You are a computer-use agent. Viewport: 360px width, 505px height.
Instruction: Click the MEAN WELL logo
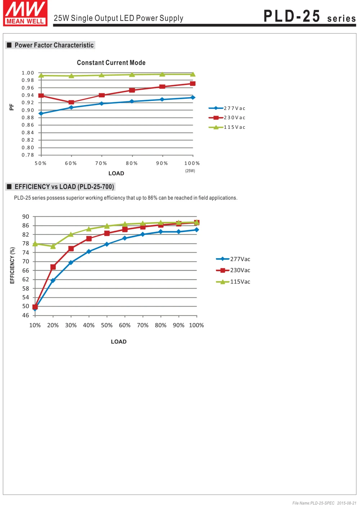(x=25, y=13)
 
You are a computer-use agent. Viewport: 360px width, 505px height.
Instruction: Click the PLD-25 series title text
(x=310, y=16)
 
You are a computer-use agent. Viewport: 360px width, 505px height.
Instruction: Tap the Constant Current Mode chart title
(x=111, y=63)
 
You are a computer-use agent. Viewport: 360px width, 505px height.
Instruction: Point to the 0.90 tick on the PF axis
(x=28, y=110)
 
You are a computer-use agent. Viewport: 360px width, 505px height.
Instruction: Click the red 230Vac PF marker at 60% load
(x=71, y=102)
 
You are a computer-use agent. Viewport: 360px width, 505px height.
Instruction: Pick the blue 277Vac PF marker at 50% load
(x=41, y=113)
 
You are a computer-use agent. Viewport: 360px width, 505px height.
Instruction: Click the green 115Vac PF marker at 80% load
(x=132, y=75)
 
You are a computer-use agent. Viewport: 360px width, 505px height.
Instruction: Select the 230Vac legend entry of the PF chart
(x=227, y=118)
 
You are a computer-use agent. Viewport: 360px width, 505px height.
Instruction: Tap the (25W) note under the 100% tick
(x=190, y=171)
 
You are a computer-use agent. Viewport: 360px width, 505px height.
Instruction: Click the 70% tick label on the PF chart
(x=101, y=163)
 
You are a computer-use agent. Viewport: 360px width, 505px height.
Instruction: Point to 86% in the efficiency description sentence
(x=153, y=198)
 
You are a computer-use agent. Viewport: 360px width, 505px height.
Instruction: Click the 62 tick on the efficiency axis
(x=26, y=279)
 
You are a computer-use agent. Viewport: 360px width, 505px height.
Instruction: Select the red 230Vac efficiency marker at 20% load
(x=53, y=267)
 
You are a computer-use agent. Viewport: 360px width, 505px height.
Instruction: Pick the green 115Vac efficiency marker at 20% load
(x=53, y=246)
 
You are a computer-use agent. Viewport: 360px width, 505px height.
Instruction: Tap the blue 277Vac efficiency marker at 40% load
(x=89, y=251)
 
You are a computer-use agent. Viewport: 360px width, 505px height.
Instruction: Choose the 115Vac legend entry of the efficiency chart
(x=233, y=282)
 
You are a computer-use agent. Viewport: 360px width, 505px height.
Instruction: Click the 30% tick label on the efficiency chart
(x=71, y=325)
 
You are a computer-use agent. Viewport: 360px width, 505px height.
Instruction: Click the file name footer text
(x=324, y=503)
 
